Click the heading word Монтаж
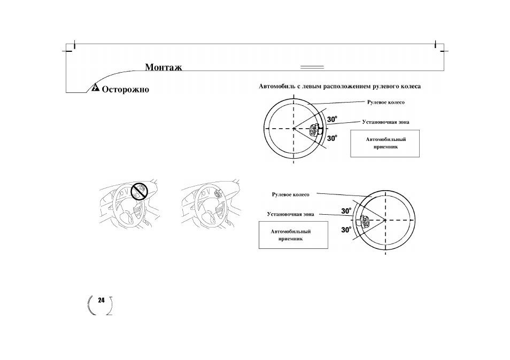click(x=163, y=67)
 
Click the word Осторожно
click(x=126, y=89)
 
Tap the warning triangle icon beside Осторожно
click(x=95, y=88)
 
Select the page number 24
click(x=102, y=300)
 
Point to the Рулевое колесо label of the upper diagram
click(x=386, y=103)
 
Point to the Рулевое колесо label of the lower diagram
click(x=290, y=194)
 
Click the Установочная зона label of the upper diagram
click(x=386, y=122)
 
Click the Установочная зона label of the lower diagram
click(x=290, y=214)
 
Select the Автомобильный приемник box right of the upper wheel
click(x=385, y=144)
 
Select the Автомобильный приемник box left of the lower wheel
click(x=293, y=235)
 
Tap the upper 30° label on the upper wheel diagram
click(x=332, y=120)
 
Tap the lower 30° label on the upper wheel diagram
click(x=332, y=138)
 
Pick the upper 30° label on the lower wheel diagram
click(x=346, y=211)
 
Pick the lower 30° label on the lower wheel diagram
click(x=346, y=230)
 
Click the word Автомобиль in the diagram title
click(x=277, y=87)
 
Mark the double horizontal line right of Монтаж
click(x=312, y=67)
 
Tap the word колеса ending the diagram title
click(x=410, y=87)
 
